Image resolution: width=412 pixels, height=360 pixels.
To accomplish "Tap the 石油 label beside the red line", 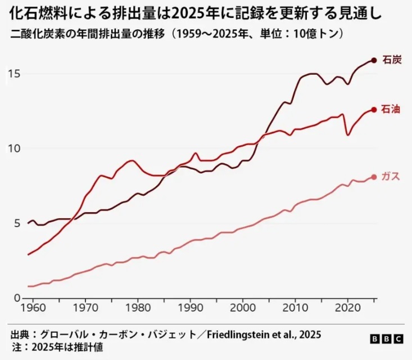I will click(391, 110).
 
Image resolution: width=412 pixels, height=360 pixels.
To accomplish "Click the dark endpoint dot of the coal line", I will click(374, 60).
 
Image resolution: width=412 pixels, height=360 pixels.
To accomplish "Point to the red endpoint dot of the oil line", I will click(374, 110).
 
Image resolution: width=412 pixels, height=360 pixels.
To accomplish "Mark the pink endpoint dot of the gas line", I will click(374, 177).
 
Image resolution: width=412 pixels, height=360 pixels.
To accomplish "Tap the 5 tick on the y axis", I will click(17, 223).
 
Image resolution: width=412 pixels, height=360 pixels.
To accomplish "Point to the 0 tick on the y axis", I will click(17, 298).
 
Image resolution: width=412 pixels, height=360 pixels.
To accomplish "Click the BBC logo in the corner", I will click(387, 339).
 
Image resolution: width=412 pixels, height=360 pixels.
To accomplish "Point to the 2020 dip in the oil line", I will click(348, 135).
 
